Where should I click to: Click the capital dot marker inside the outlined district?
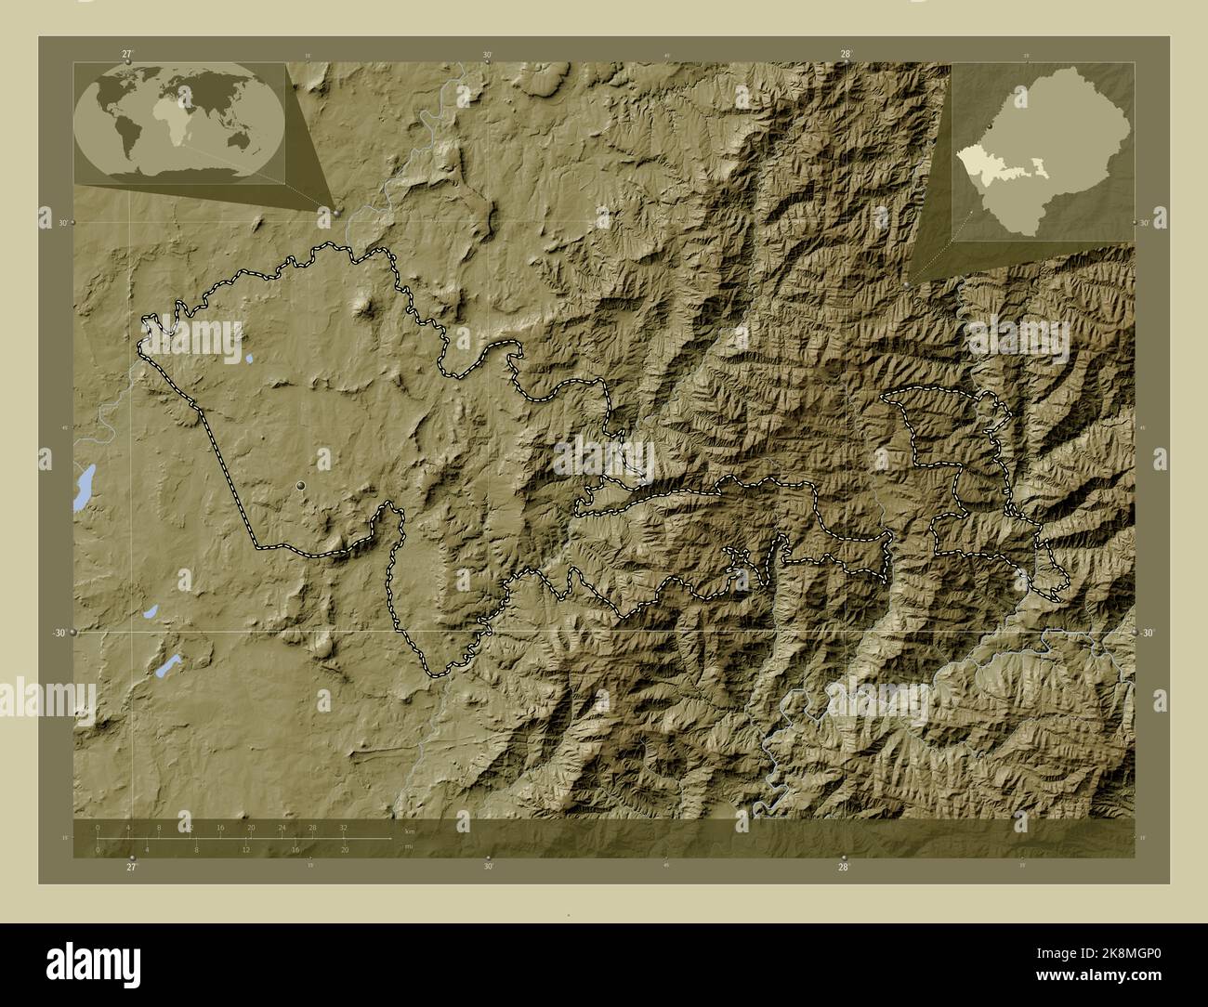pyautogui.click(x=300, y=486)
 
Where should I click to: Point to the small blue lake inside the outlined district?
pyautogui.click(x=250, y=358)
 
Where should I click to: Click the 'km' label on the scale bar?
pyautogui.click(x=409, y=830)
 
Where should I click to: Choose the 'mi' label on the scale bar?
pyautogui.click(x=409, y=845)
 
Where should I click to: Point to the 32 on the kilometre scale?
pyautogui.click(x=344, y=827)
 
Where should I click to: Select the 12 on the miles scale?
pyautogui.click(x=245, y=849)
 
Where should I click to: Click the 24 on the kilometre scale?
pyautogui.click(x=282, y=827)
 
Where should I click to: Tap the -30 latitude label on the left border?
pyautogui.click(x=58, y=633)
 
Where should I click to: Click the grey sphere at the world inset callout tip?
pyautogui.click(x=336, y=212)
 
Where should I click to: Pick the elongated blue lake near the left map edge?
pyautogui.click(x=84, y=488)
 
